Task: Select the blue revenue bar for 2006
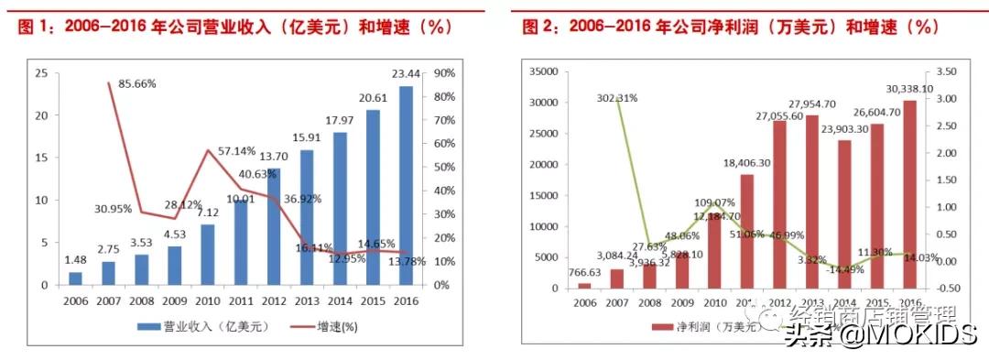click(75, 278)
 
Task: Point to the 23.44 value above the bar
click(406, 75)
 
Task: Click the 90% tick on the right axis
click(445, 73)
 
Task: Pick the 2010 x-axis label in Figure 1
click(207, 300)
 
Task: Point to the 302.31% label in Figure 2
click(617, 98)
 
